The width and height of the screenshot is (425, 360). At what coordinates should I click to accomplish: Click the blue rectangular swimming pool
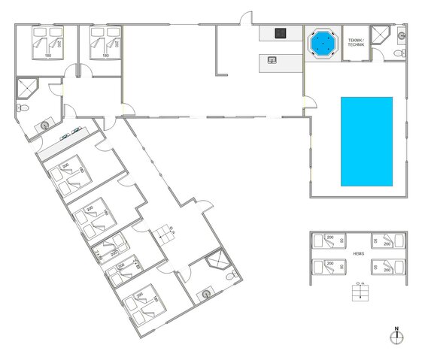pyautogui.click(x=366, y=141)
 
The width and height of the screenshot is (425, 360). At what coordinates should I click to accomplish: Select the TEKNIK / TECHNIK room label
pyautogui.click(x=356, y=43)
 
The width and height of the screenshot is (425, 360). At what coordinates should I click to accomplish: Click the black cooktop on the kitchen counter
pyautogui.click(x=281, y=32)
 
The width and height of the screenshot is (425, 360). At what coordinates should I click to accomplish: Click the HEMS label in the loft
pyautogui.click(x=358, y=253)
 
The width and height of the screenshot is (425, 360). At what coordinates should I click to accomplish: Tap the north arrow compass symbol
pyautogui.click(x=396, y=336)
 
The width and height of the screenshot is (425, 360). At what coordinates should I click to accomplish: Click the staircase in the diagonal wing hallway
pyautogui.click(x=165, y=234)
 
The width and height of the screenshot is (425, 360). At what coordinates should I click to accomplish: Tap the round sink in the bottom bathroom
pyautogui.click(x=205, y=294)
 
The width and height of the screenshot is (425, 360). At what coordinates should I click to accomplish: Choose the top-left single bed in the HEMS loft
pyautogui.click(x=329, y=241)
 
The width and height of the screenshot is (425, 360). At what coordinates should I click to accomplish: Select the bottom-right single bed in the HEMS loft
pyautogui.click(x=390, y=265)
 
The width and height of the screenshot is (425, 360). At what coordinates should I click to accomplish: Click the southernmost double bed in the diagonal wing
pyautogui.click(x=144, y=306)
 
